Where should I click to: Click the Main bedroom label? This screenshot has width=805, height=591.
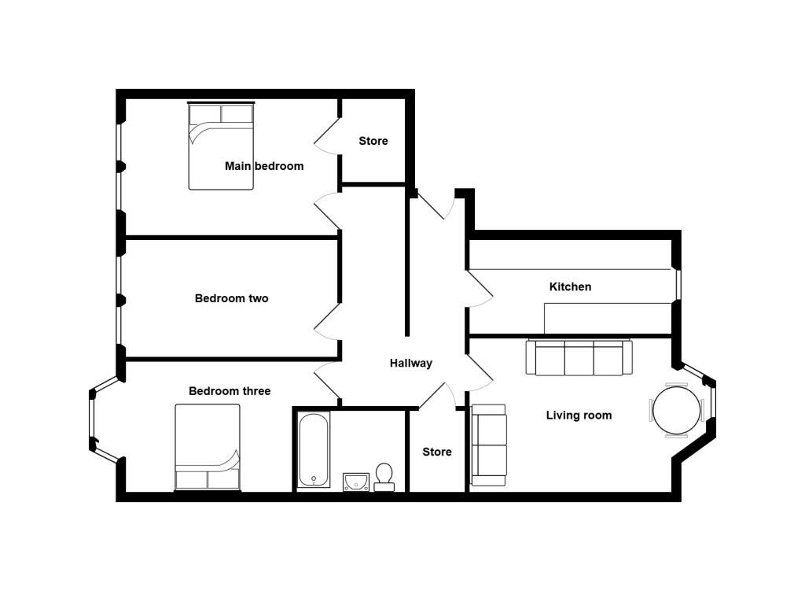264,166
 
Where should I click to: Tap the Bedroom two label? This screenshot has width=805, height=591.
232,298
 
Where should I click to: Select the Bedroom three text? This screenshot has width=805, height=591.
230,390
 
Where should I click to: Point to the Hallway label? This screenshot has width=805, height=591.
410,363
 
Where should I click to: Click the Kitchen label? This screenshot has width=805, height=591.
570,286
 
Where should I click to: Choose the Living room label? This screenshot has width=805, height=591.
579,415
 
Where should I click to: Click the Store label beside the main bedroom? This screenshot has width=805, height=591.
373,141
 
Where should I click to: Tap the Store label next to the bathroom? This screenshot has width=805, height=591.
437,452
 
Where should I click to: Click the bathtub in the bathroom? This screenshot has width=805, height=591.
314,449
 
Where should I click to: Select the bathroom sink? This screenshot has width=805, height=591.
356,482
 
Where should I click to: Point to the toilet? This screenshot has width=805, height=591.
384,477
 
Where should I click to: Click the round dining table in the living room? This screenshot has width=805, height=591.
677,411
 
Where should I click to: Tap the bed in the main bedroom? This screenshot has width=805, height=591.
221,146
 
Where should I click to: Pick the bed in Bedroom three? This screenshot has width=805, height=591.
208,447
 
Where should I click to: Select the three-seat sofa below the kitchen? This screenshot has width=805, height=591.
579,357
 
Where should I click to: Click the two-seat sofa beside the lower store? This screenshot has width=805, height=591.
489,445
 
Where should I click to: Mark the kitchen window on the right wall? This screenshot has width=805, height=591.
678,285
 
